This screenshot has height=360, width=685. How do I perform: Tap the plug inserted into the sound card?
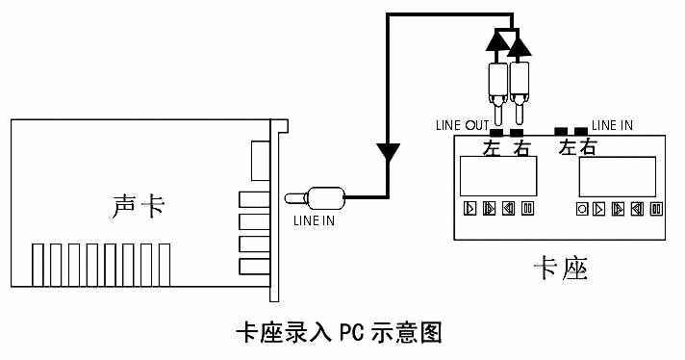coord(317,198)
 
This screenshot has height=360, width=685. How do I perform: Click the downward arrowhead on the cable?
coord(388,152)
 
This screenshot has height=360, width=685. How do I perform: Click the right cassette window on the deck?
coord(617,176)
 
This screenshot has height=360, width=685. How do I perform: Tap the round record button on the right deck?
coord(582,208)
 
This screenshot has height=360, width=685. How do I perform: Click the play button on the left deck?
coord(470,208)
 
